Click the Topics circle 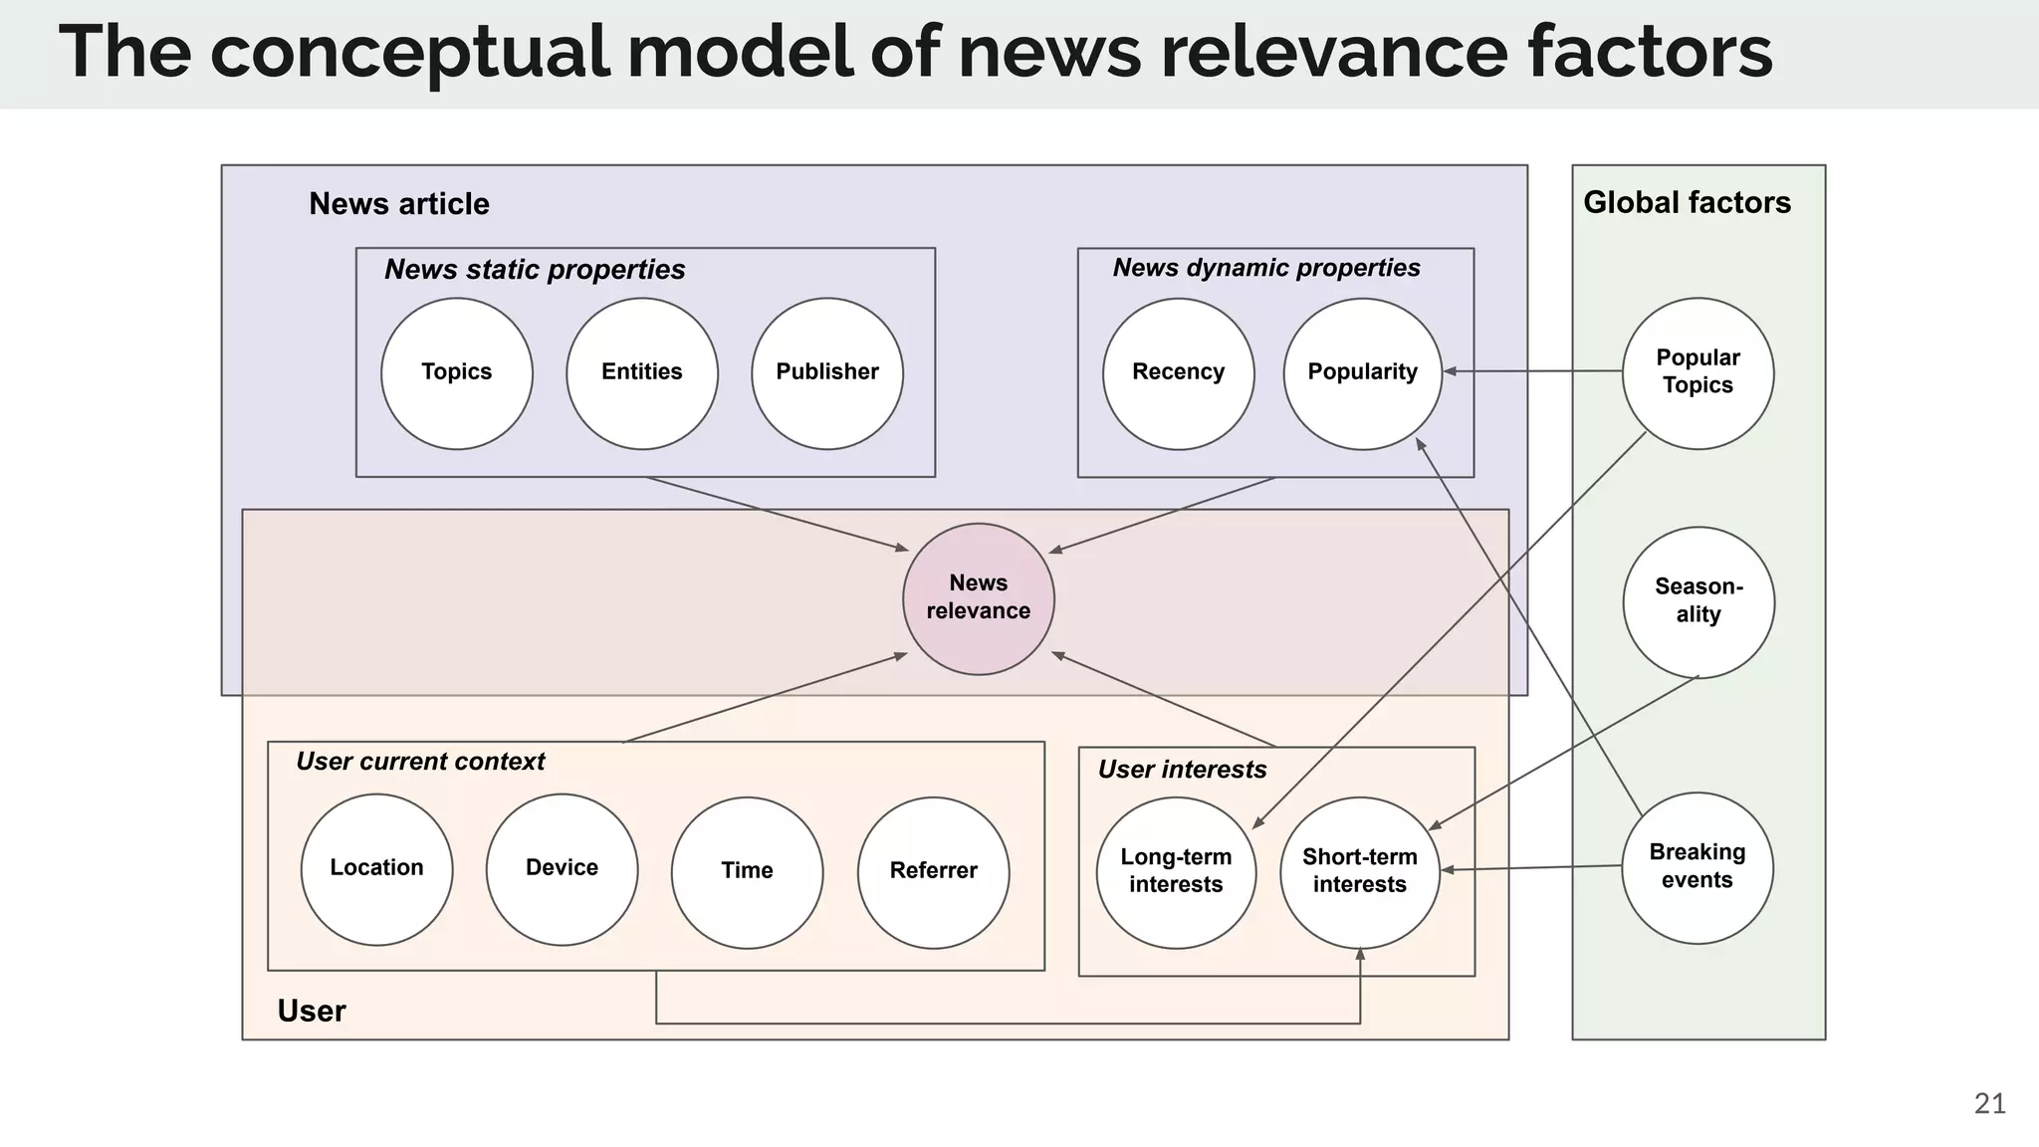[457, 373]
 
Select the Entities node [642, 373]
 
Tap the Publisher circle [827, 373]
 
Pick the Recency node [1178, 373]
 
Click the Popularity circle [1362, 373]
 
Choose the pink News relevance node [979, 598]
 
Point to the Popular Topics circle [1698, 373]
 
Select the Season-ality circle [1698, 601]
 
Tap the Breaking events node [1697, 867]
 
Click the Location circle [376, 868]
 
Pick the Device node [562, 868]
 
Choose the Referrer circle [933, 871]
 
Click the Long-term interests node [1176, 872]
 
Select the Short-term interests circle [1359, 872]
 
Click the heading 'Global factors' [1687, 203]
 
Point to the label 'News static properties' [535, 270]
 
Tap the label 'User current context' [420, 762]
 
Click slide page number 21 [1989, 1103]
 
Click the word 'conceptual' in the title [408, 52]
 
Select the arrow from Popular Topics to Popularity [1533, 371]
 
